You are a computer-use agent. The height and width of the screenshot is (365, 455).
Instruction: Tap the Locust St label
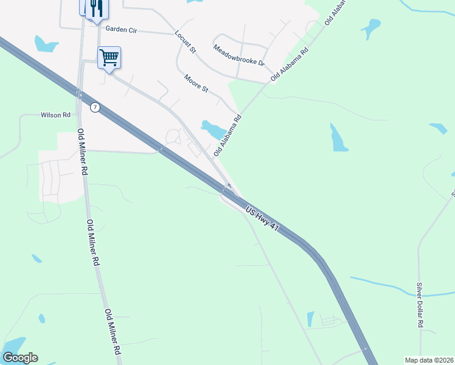[185, 42]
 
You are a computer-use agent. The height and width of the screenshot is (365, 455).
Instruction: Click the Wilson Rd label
[52, 114]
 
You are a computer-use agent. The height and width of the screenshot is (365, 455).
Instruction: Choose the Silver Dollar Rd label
[419, 305]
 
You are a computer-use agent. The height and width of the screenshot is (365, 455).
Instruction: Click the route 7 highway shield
[94, 107]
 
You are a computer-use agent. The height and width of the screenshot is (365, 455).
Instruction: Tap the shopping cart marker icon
[109, 58]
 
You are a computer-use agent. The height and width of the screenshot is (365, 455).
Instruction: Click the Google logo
[20, 358]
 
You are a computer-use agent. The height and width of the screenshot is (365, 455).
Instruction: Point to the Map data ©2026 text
[429, 360]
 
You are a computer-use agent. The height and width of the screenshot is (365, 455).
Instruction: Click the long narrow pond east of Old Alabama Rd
[338, 138]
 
